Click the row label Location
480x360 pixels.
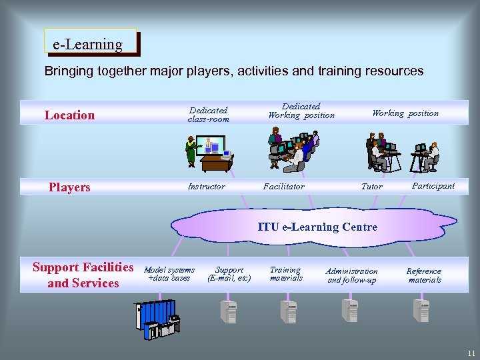pos(69,115)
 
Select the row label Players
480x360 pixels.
pos(69,187)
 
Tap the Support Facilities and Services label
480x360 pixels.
pos(83,275)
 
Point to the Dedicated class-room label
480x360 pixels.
pos(208,115)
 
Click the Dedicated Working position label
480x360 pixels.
pos(301,111)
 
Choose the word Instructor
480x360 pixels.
pos(207,187)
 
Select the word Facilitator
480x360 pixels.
pos(283,187)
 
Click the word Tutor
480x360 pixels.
pos(371,187)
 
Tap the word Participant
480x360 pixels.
pos(433,186)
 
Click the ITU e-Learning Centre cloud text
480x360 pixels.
pos(317,227)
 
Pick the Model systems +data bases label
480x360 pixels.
pos(169,273)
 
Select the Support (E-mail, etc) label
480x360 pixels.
pos(229,274)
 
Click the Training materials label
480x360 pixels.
pos(285,274)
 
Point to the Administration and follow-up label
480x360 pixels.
pos(351,275)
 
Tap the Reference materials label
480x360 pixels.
pos(424,275)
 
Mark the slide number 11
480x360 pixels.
pos(471,353)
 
